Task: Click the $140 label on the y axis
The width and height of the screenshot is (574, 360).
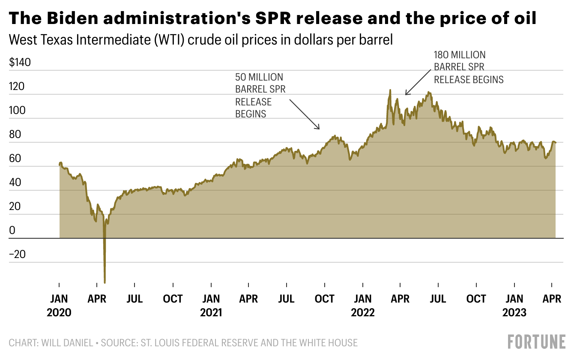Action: [x=20, y=63]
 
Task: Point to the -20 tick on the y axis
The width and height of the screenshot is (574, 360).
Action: [x=18, y=255]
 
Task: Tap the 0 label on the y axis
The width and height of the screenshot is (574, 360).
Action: [x=12, y=231]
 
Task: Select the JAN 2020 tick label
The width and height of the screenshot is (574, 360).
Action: [x=59, y=305]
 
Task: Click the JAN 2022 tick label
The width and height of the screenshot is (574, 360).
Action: [x=363, y=305]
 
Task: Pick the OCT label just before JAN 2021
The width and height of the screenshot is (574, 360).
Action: [x=173, y=299]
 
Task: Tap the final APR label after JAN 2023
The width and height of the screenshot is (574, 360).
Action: [x=552, y=299]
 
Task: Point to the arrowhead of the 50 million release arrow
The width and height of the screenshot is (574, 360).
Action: [x=319, y=129]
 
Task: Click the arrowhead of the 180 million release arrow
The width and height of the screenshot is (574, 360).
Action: [x=406, y=94]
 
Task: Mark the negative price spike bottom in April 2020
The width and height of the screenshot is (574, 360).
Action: [x=105, y=282]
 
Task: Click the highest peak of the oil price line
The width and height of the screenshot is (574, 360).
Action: [x=390, y=90]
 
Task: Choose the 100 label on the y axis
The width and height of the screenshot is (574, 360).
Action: [x=18, y=111]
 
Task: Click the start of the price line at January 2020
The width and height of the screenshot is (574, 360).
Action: [x=60, y=164]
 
